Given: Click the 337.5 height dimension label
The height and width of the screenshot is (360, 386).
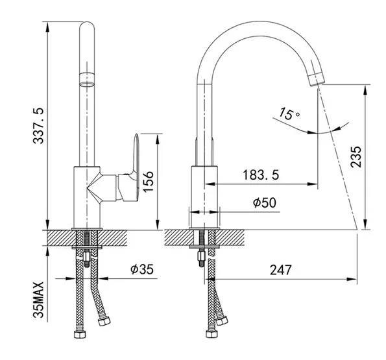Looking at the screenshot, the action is [38, 126].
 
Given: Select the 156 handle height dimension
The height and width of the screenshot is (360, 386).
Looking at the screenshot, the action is [148, 182].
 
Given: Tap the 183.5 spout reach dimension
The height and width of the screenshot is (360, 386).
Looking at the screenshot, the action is [261, 174].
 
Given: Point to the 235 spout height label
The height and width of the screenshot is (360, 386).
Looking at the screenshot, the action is [356, 157].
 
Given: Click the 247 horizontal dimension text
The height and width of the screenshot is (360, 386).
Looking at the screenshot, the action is [281, 270].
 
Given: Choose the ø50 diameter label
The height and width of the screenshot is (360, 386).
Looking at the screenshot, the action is [265, 202].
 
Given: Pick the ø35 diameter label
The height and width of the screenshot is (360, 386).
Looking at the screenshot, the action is [142, 269].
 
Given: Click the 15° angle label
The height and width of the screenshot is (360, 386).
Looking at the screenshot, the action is [289, 114].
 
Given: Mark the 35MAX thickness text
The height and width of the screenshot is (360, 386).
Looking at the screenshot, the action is [38, 300].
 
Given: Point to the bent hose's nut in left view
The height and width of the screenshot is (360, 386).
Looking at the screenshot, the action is [104, 321].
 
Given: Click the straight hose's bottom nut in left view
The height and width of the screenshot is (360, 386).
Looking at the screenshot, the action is [80, 334].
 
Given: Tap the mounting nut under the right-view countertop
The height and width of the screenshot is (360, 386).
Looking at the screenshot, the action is [202, 257].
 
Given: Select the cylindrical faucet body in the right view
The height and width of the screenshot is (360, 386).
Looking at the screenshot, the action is [204, 197].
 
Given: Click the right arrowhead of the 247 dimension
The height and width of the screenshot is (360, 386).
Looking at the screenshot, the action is [352, 279].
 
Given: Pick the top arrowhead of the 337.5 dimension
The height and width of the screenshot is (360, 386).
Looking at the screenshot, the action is [47, 26].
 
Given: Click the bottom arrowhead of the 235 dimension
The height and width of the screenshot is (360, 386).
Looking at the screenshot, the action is [366, 224].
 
